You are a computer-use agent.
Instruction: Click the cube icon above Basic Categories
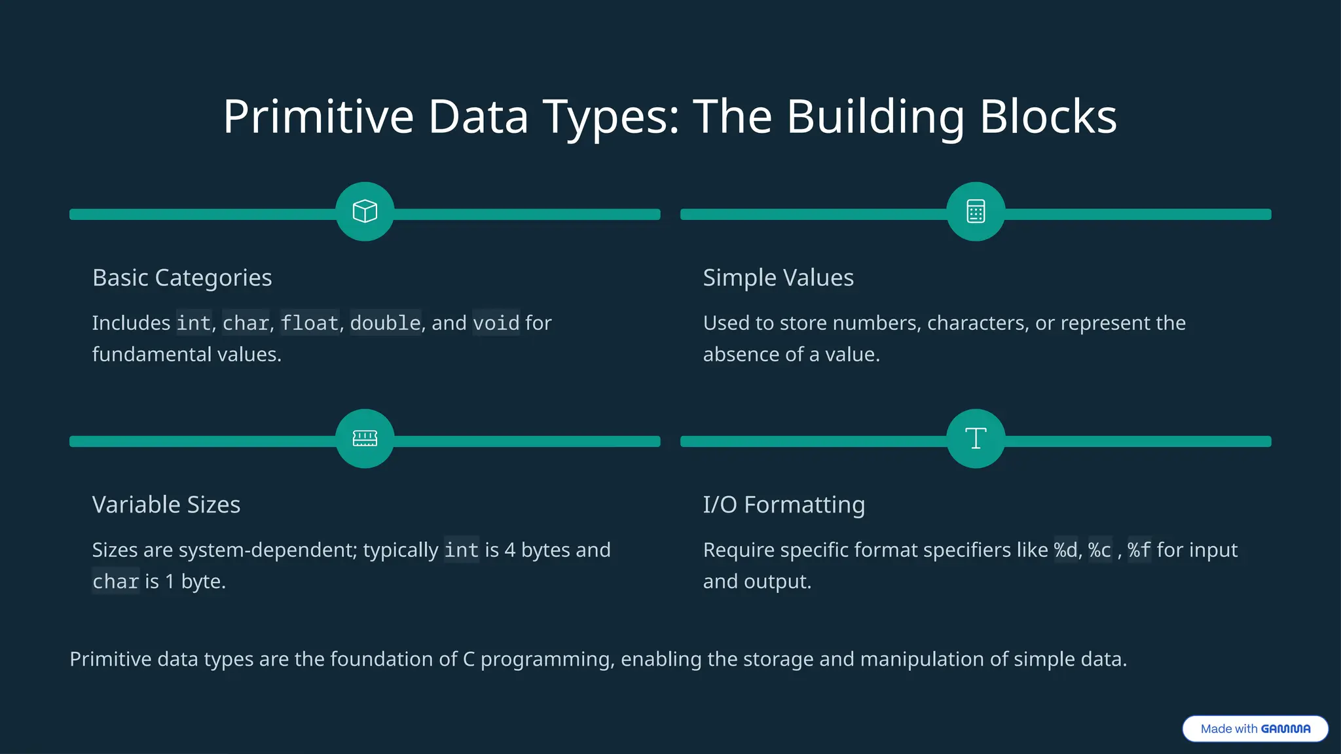(365, 211)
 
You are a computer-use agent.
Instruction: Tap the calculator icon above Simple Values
(976, 211)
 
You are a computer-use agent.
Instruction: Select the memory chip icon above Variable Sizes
(365, 439)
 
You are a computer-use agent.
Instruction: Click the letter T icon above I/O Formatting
(976, 439)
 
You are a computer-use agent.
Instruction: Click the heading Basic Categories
(182, 278)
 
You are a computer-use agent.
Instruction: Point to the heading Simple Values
(778, 278)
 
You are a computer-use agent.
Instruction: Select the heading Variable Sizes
(166, 505)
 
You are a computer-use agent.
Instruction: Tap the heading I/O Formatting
(784, 505)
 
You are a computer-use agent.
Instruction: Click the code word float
(309, 323)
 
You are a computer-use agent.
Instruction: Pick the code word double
(385, 323)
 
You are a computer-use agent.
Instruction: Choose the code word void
(496, 323)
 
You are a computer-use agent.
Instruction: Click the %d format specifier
(1065, 550)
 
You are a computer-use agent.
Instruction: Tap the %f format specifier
(1139, 550)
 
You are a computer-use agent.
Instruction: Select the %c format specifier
(1099, 550)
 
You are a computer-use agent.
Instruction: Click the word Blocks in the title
(1048, 117)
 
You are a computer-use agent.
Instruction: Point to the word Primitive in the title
(318, 117)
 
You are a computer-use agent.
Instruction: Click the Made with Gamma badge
(1255, 728)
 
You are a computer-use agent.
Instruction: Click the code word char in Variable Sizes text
(115, 581)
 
